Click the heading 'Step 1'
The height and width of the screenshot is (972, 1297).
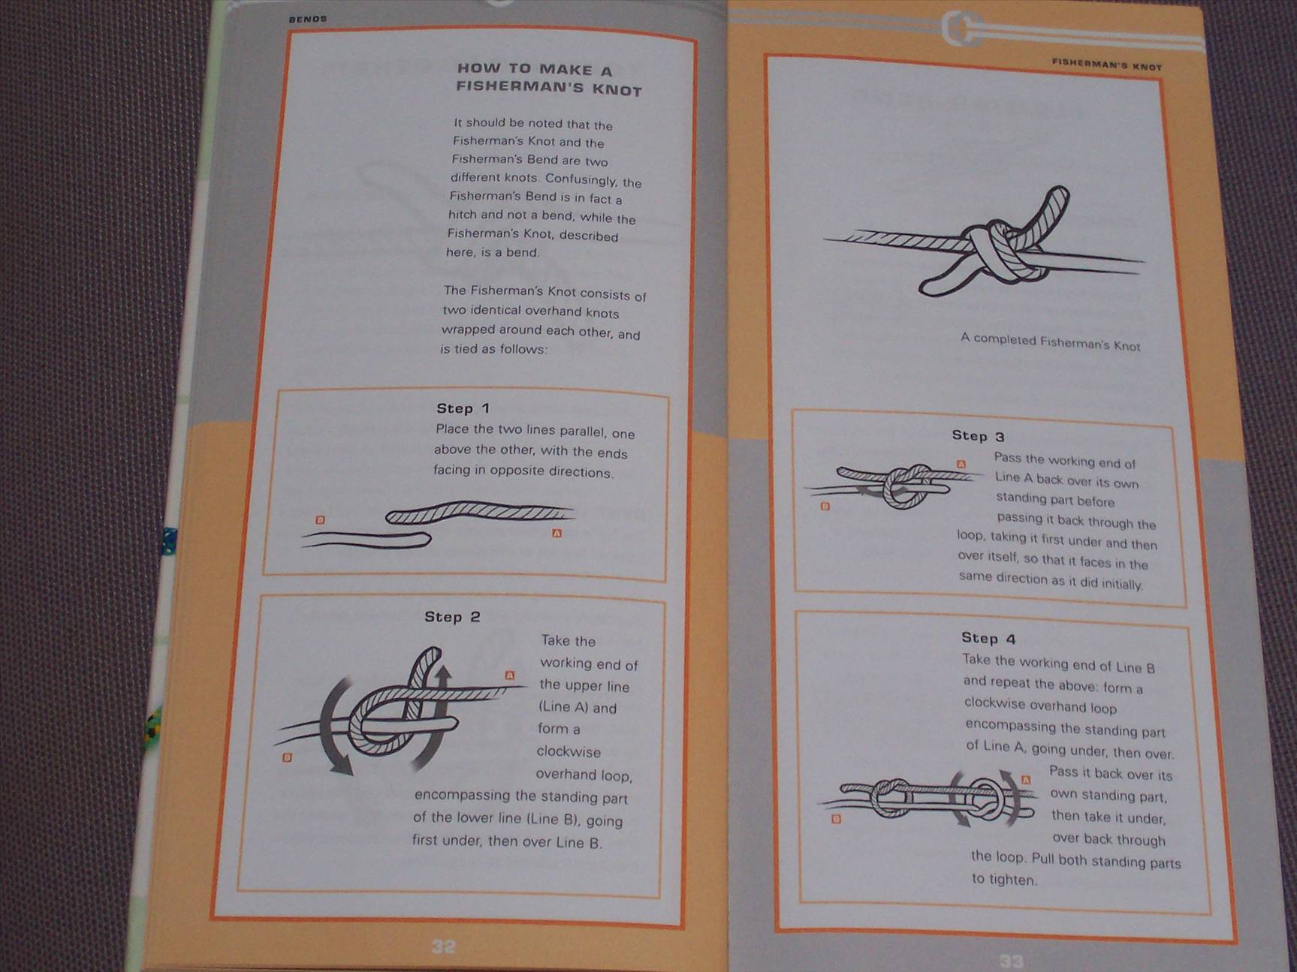463,408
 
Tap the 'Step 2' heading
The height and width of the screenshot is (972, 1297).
451,617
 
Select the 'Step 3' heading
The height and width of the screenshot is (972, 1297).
978,436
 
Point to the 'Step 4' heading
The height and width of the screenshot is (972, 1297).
988,638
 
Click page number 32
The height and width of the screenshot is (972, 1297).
443,946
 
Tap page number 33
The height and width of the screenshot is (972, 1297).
1011,961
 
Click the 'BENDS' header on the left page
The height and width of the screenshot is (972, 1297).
307,19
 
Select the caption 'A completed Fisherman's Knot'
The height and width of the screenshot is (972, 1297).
1050,342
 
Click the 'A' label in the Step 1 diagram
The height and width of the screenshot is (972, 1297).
557,534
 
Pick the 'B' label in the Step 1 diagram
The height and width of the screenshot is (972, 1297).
320,520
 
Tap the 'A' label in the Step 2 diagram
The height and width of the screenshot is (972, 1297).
510,676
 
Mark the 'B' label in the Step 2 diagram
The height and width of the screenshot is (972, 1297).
286,758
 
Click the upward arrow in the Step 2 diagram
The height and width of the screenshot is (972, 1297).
443,682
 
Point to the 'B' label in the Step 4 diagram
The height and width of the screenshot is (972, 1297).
836,820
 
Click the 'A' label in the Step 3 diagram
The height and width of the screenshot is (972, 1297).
961,465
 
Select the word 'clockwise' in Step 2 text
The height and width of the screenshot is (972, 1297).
569,751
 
